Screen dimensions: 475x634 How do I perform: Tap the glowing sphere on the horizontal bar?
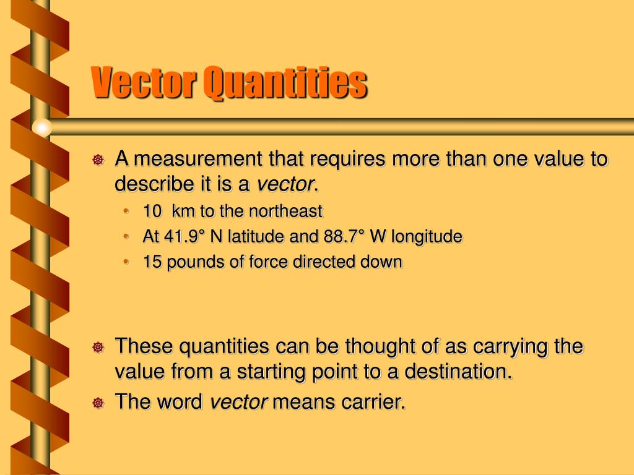click(41, 127)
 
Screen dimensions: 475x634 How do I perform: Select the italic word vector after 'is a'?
click(285, 184)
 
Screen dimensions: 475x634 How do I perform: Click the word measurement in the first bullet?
click(199, 160)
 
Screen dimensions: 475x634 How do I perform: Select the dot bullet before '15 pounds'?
click(127, 262)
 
